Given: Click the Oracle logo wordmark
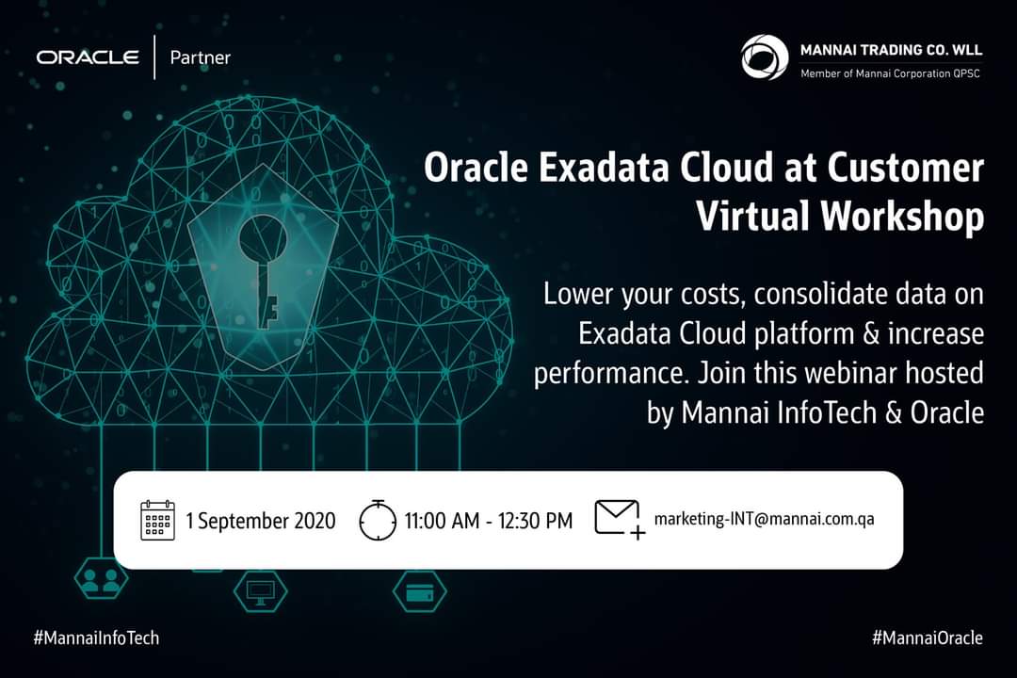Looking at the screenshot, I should click(x=88, y=57).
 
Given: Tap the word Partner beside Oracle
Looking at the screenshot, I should click(x=200, y=57).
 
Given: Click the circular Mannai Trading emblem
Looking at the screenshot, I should click(x=765, y=57).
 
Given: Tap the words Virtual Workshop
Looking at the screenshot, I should click(x=840, y=217).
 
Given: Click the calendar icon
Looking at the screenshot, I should click(x=158, y=520).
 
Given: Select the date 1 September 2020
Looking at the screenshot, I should click(x=261, y=521).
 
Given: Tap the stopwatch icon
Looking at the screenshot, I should click(x=379, y=520).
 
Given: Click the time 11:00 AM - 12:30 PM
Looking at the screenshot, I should click(x=488, y=521).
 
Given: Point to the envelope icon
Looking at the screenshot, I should click(x=619, y=519).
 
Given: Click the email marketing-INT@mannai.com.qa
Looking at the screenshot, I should click(x=764, y=519).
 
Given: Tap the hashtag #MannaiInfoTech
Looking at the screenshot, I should click(x=96, y=638).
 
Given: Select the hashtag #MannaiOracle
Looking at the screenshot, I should click(x=927, y=638).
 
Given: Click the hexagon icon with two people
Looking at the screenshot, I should click(x=96, y=581).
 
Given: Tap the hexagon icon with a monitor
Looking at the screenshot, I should click(x=259, y=590).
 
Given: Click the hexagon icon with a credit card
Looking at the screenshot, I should click(x=418, y=590).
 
